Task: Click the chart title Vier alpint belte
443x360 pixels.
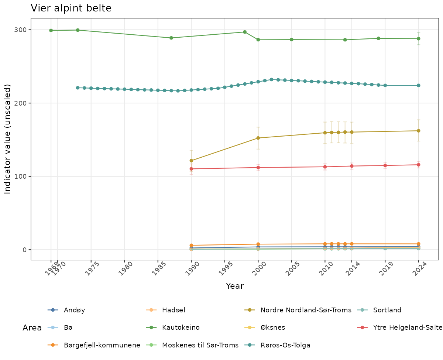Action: click(x=71, y=8)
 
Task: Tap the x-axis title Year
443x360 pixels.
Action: click(x=234, y=286)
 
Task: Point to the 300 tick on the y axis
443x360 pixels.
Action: click(x=23, y=30)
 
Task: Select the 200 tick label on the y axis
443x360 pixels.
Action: click(x=23, y=103)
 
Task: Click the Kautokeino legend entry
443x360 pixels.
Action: click(x=181, y=328)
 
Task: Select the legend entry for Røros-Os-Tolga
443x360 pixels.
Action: click(x=285, y=346)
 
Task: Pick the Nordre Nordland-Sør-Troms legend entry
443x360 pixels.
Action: click(x=306, y=310)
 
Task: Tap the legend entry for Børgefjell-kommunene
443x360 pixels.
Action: click(x=102, y=346)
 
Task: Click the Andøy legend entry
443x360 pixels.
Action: click(x=74, y=310)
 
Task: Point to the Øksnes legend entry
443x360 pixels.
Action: click(x=272, y=328)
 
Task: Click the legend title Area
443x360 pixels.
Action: click(x=32, y=328)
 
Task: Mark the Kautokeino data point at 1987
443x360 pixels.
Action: click(x=171, y=38)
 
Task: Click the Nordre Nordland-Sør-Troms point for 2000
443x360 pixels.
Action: click(x=258, y=138)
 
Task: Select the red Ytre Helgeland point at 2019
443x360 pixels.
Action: click(x=385, y=165)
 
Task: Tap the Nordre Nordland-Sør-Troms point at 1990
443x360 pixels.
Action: click(x=191, y=161)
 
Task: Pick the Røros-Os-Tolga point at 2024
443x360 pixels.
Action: click(x=419, y=85)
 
